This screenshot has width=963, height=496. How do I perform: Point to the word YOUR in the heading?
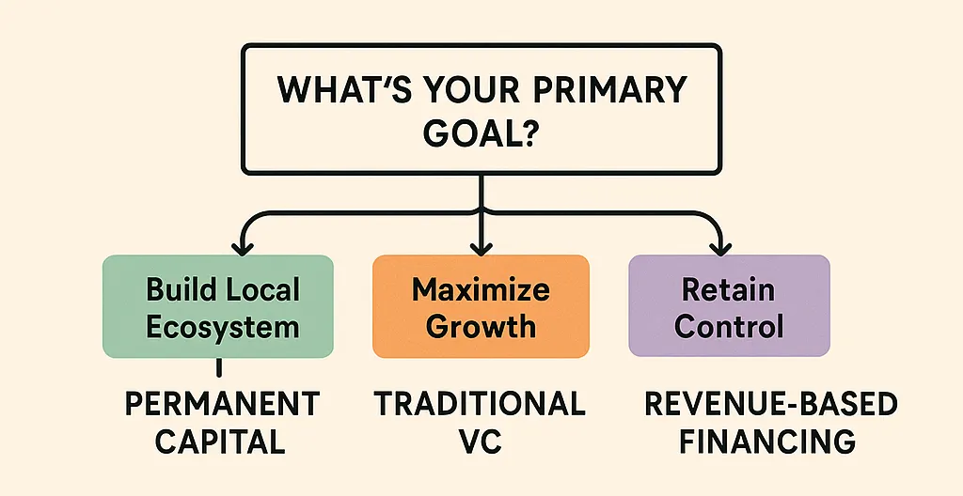(x=457, y=91)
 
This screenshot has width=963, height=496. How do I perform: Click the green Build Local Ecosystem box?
(x=217, y=306)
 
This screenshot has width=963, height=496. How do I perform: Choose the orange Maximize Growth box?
(x=481, y=306)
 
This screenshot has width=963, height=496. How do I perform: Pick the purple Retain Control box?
(x=729, y=306)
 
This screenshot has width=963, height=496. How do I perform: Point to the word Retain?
(x=729, y=288)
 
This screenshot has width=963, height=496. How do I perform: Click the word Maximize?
(x=481, y=288)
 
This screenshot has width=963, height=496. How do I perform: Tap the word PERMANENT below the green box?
(x=222, y=405)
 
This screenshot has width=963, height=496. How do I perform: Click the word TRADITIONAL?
(x=480, y=405)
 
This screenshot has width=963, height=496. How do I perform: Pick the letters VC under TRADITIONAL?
(x=480, y=441)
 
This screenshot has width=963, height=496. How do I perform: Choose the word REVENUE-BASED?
(x=770, y=405)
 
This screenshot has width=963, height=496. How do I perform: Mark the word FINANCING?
(x=770, y=441)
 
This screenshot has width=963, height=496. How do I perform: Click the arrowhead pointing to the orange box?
(x=481, y=248)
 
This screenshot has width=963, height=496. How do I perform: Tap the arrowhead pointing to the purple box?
(x=721, y=248)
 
